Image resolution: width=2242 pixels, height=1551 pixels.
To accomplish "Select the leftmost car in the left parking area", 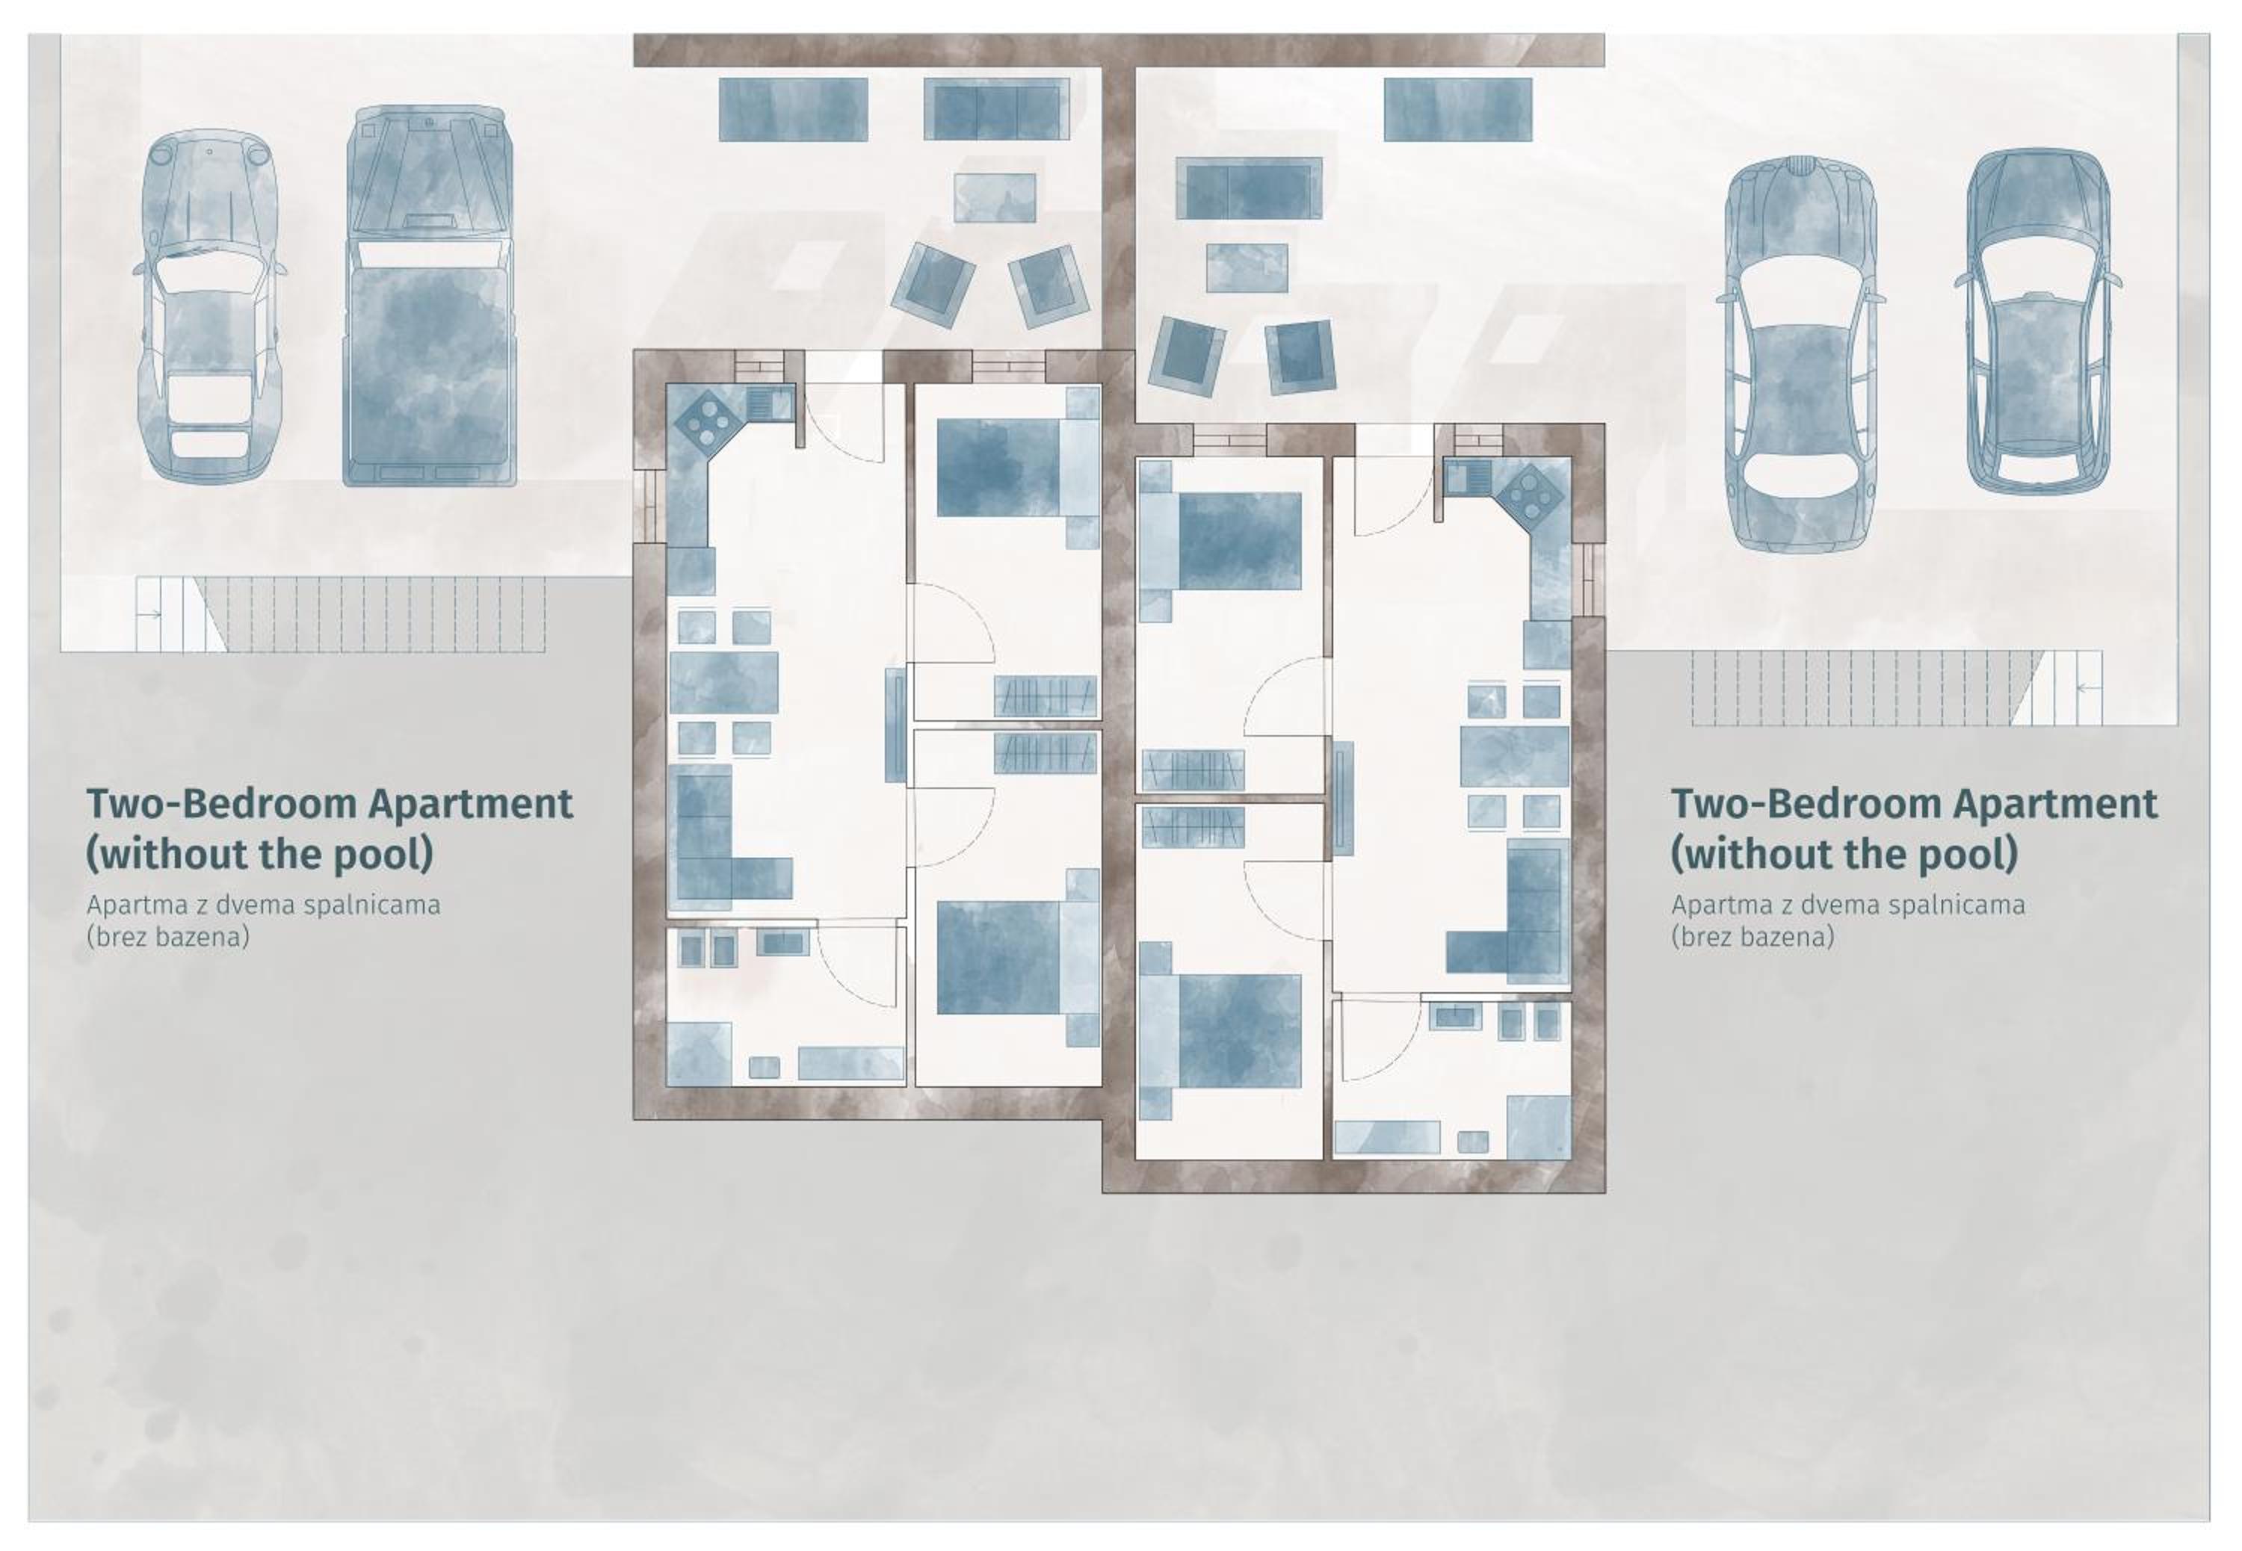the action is [x=209, y=307].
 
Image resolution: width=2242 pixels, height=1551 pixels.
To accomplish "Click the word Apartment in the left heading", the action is [x=470, y=805].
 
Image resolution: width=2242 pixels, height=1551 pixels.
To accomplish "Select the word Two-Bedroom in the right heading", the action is [x=1806, y=805].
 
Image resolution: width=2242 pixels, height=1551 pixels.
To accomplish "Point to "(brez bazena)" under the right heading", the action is [x=1752, y=937].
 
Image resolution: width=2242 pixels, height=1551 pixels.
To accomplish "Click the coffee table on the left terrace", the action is [x=994, y=197].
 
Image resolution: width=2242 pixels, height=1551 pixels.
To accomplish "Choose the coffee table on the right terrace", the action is [x=1247, y=268].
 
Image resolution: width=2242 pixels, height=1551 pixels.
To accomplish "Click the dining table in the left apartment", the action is [x=723, y=682].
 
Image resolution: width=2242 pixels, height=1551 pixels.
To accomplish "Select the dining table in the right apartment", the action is [x=1514, y=756].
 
